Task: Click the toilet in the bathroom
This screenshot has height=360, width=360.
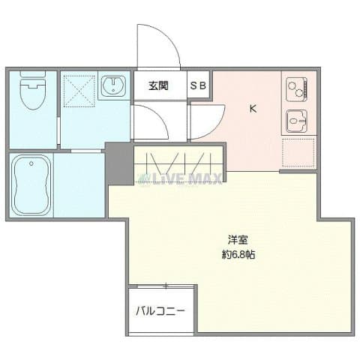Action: click(31, 95)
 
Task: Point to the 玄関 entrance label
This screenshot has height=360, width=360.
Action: click(157, 85)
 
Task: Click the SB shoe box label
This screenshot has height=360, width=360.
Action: click(199, 85)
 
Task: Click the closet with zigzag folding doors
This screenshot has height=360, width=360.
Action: click(178, 160)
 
